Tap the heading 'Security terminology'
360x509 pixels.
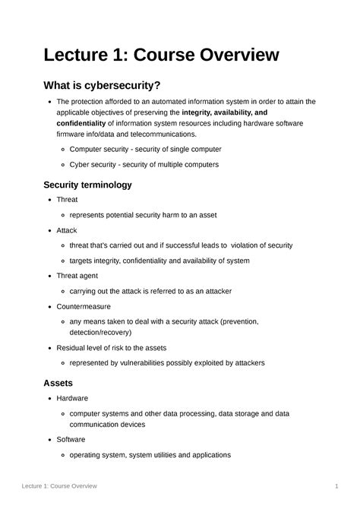pos(88,185)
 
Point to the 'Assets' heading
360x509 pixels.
pos(58,383)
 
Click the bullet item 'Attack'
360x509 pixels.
pos(67,230)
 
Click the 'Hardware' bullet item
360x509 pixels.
pos(72,398)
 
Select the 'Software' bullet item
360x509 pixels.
pos(71,439)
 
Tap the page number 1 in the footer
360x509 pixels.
pos(336,485)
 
